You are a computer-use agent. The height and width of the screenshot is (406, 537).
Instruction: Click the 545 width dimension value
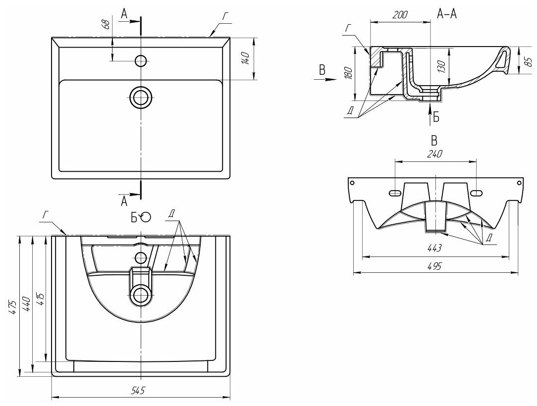click(x=137, y=391)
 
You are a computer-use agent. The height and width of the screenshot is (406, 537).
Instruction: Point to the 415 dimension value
click(x=40, y=299)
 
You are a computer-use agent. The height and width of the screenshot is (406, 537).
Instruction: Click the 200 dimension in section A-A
click(x=400, y=15)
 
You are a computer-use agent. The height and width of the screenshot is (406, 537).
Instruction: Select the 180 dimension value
click(x=348, y=73)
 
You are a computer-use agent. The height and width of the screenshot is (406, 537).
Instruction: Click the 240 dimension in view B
click(x=434, y=154)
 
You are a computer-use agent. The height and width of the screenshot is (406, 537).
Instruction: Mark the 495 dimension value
click(x=434, y=266)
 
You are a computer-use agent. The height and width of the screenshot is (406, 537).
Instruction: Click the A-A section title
click(x=447, y=14)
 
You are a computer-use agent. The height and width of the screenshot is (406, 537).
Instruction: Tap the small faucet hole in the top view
click(x=141, y=60)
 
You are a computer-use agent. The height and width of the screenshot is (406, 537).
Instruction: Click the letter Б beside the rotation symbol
click(x=134, y=217)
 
